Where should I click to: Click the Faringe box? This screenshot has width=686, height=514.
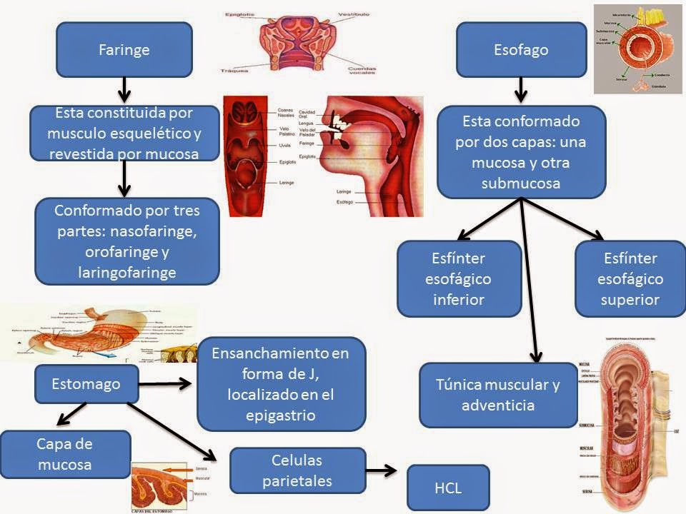124,49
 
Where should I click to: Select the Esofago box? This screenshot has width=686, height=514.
521,49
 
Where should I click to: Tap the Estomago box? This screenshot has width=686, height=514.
86,384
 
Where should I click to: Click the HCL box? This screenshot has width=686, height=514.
448,488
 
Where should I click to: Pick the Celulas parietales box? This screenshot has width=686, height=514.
297,470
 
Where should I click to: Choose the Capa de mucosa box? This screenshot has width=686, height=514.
65,454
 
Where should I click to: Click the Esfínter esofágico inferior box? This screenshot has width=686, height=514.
459,278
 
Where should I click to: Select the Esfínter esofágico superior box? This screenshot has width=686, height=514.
630,278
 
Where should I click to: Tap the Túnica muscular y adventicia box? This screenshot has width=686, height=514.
497,395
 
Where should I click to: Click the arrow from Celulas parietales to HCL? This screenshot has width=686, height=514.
381,470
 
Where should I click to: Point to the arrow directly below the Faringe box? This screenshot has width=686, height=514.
124,90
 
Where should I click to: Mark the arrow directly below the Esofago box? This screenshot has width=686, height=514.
521,90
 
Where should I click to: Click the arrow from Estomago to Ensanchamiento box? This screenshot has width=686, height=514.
165,384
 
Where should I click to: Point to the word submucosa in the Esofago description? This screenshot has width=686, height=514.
521,183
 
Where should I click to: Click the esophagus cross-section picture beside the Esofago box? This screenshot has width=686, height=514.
638,49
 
